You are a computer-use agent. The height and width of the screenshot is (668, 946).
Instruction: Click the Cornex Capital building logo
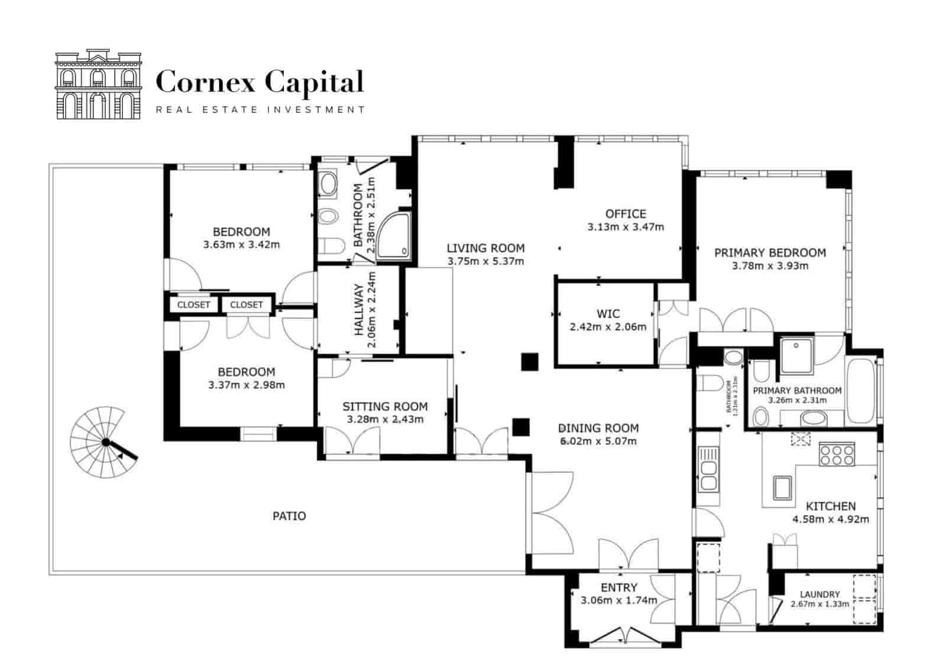pyautogui.click(x=99, y=85)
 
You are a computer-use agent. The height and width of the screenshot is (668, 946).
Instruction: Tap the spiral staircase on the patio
pyautogui.click(x=101, y=442)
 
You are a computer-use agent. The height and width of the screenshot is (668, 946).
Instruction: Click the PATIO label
pyautogui.click(x=289, y=516)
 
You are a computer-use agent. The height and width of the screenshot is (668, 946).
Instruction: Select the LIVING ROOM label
pyautogui.click(x=485, y=248)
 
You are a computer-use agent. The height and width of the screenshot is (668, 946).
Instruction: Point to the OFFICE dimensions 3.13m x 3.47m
pyautogui.click(x=626, y=227)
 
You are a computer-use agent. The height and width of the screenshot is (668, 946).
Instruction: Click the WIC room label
pyautogui.click(x=608, y=314)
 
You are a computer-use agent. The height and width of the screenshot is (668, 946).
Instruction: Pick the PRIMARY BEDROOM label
pyautogui.click(x=770, y=253)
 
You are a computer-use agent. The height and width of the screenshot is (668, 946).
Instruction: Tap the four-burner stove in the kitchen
pyautogui.click(x=837, y=454)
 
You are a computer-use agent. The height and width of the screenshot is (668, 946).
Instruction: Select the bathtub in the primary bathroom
pyautogui.click(x=863, y=390)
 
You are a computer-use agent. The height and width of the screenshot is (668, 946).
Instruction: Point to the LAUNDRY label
pyautogui.click(x=819, y=594)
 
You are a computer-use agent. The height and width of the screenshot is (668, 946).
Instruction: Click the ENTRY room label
pyautogui.click(x=618, y=588)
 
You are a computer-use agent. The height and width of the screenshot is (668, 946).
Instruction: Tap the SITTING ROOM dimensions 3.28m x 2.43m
pyautogui.click(x=384, y=420)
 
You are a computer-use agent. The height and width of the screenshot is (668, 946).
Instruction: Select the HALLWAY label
pyautogui.click(x=358, y=310)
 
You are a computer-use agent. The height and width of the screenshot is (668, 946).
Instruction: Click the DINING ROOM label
pyautogui.click(x=598, y=428)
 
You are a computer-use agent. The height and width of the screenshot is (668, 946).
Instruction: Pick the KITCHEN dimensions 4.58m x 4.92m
pyautogui.click(x=831, y=520)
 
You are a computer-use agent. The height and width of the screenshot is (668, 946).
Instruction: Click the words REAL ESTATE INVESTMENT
pyautogui.click(x=260, y=109)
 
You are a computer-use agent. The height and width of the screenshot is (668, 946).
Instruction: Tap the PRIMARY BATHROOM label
pyautogui.click(x=796, y=391)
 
